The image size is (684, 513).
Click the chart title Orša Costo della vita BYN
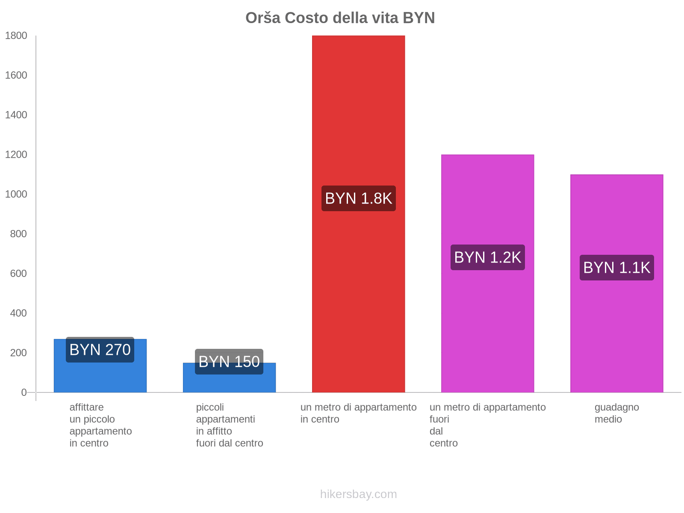(340, 18)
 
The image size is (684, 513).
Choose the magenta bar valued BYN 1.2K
(487, 325)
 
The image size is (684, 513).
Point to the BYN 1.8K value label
(358, 198)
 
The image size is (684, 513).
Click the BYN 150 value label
(229, 362)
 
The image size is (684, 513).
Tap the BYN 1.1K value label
(616, 268)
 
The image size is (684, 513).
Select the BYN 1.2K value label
(487, 257)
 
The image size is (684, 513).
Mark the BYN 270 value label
(100, 350)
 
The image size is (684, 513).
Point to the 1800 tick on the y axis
(16, 36)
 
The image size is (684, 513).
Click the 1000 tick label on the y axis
(16, 195)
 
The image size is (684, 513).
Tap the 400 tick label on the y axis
(18, 313)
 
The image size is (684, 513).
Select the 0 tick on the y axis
(24, 392)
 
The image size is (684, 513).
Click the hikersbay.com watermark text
(358, 494)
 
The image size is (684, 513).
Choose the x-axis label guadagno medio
(616, 413)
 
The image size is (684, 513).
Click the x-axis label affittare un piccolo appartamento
(100, 425)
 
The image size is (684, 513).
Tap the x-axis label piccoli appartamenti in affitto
(229, 425)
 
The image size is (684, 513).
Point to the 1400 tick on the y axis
(16, 115)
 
